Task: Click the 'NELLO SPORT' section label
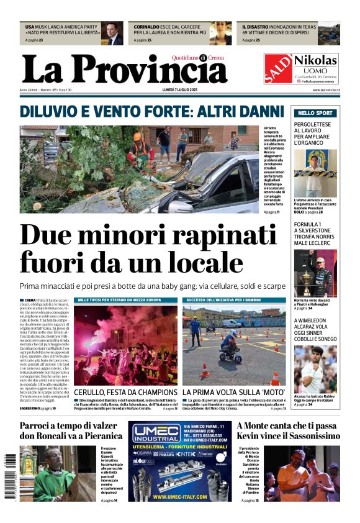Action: [x=315, y=113]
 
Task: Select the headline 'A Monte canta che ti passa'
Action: [x=287, y=426]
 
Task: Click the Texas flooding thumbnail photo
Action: [x=328, y=34]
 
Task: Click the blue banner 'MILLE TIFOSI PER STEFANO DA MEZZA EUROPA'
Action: [x=126, y=300]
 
